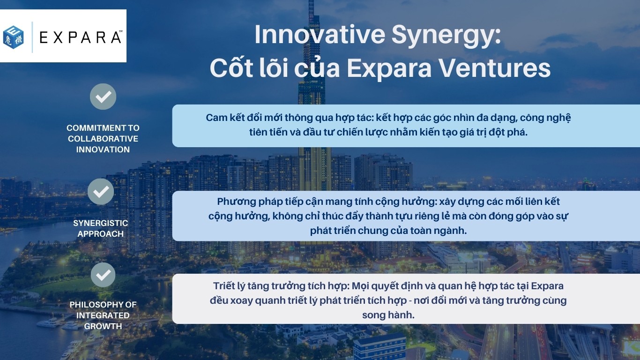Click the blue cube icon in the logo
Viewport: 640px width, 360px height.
14,37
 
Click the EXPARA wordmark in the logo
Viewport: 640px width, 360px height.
81,37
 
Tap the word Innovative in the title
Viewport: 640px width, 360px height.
320,34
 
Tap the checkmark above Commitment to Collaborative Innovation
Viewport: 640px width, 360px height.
103,97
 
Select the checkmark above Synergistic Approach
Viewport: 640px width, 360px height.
101,191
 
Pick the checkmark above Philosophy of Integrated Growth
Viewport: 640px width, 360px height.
103,275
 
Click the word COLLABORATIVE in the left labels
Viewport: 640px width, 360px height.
103,139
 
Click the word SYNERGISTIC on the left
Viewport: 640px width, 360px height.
101,223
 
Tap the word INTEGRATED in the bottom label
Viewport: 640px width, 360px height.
103,315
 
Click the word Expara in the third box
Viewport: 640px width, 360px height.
547,286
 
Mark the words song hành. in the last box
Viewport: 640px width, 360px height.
388,315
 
